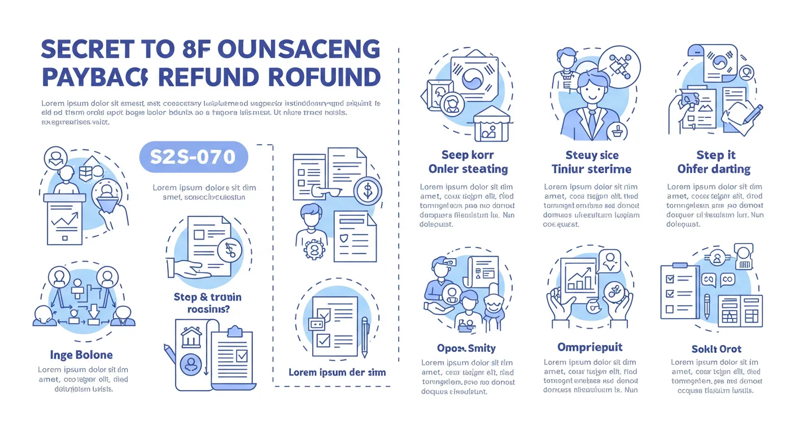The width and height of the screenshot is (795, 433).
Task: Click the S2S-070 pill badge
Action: coord(194,156)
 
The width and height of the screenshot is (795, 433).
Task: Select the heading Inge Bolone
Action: coord(81,355)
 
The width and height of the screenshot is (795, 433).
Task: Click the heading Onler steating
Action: coord(468,169)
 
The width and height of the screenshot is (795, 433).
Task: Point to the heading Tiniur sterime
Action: coord(591,169)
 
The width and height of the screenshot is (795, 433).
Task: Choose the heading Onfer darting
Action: coord(714,169)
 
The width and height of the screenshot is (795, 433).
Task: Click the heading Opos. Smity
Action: coord(466,348)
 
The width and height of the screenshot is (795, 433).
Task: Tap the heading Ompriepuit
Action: coord(590,347)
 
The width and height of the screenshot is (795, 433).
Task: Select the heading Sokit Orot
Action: coord(717,349)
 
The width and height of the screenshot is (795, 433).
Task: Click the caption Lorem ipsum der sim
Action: coord(337,373)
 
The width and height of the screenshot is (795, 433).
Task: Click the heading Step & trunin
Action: coord(208,297)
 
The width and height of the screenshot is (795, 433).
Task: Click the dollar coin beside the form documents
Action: coord(368,191)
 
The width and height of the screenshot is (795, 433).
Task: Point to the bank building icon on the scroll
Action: coord(191,337)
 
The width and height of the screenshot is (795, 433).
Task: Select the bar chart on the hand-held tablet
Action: coord(580,279)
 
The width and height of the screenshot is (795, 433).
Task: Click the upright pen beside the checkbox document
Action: coord(365,336)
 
